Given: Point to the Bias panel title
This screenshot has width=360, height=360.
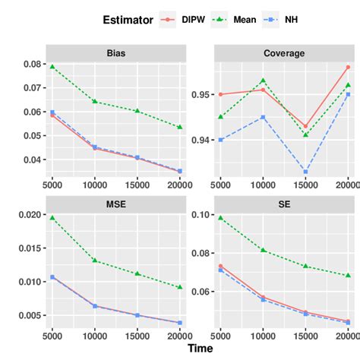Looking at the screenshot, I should click(x=116, y=54).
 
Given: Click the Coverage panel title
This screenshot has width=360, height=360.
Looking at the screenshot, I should click(x=285, y=54).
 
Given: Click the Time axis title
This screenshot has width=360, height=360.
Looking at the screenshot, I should click(x=201, y=349).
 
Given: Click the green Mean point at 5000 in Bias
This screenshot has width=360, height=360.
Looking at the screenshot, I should click(x=52, y=67).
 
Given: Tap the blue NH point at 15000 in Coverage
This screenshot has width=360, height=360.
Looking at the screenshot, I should click(x=305, y=172).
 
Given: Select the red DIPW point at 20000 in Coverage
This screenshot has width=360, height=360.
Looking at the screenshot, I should click(x=348, y=68).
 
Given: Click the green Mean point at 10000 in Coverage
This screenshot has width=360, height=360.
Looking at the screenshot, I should click(x=262, y=81).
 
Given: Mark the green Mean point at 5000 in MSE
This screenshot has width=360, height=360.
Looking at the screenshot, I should click(x=52, y=218).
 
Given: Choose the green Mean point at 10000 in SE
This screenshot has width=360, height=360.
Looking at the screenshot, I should click(x=262, y=250).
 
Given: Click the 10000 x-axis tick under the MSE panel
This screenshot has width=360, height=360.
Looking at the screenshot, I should click(x=94, y=334).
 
